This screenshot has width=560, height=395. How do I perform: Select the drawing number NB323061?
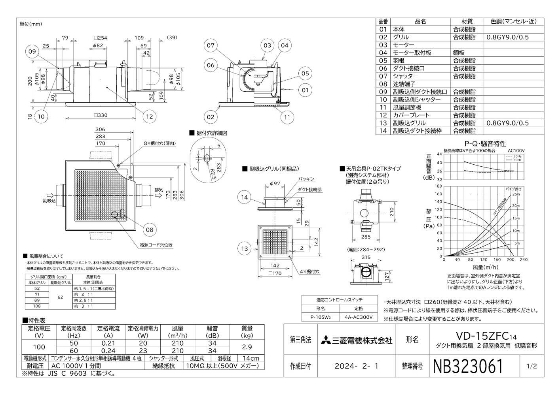coord(468,366)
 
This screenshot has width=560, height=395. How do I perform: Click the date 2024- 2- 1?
coord(356,366)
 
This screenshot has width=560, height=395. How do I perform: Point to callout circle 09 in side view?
coord(32,51)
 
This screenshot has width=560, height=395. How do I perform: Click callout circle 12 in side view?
coord(149,116)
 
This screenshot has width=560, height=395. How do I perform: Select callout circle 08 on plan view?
coord(149,229)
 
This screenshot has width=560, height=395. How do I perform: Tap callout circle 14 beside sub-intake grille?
coord(245,197)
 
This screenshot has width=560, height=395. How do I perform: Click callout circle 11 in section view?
coord(287,117)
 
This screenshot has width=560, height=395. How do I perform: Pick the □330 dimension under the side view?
coord(100,115)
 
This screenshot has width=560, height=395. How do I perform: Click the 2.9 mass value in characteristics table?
coord(247,347)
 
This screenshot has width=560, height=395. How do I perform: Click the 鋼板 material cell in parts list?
coord(459,53)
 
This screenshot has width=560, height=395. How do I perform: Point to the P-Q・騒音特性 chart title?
coord(485,144)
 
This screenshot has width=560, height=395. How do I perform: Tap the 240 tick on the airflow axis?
coord(524,260)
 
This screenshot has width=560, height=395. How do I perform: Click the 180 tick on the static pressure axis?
coord(439,186)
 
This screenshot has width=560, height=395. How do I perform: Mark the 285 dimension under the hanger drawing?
coord(366,237)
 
